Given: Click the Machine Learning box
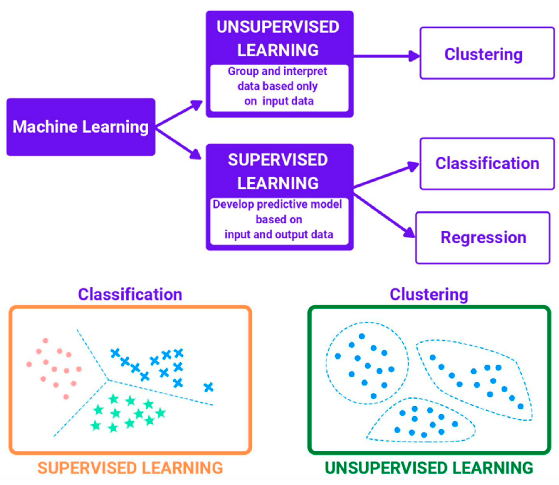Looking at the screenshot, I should point(81,127).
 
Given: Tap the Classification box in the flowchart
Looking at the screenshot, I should point(487,164).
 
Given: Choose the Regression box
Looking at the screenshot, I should point(483,238).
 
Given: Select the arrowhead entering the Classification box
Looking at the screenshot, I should point(413,166).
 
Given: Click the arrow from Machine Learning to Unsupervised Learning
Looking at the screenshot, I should point(179,114).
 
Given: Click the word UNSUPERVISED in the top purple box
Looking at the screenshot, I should point(278,27).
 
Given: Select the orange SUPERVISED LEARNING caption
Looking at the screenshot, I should point(130,468).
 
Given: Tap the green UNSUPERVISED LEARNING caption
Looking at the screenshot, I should point(429,468).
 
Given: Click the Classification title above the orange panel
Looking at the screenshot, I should point(130,295).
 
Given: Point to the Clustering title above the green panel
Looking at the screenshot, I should point(429,295).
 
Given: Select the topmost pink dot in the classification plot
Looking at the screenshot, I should point(46,340).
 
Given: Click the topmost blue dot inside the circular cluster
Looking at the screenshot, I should point(362,336).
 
